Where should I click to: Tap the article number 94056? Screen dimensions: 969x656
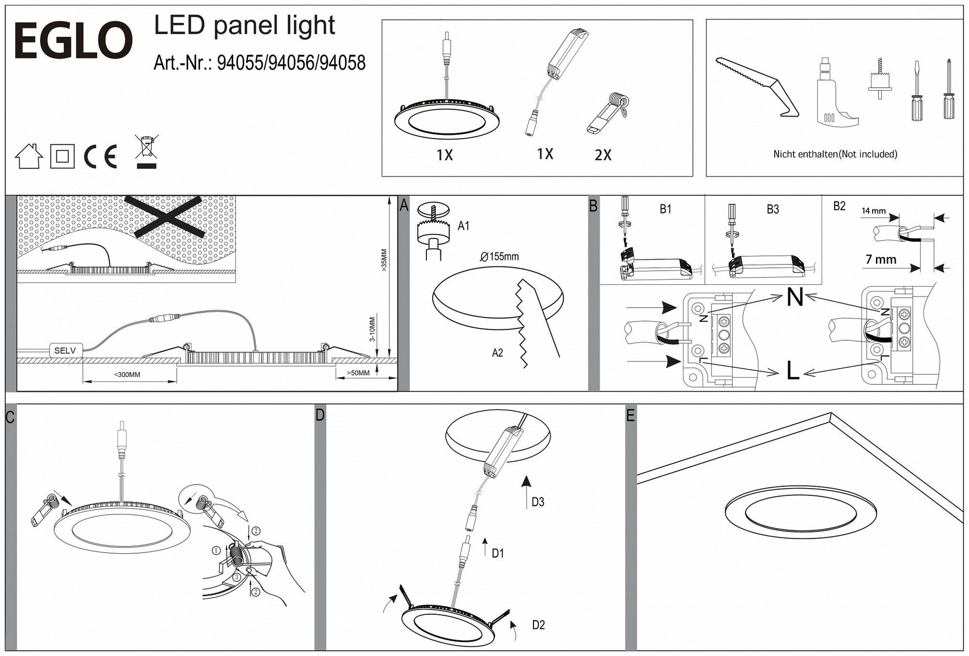tap(292, 63)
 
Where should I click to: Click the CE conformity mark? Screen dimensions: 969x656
tap(100, 156)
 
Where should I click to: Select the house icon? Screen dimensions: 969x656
tap(29, 156)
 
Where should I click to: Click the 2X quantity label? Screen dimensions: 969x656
tap(603, 155)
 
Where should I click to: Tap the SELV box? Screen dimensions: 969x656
tap(65, 350)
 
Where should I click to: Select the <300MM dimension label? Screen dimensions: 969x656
tap(127, 375)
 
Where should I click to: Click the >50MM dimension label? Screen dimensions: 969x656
tap(358, 373)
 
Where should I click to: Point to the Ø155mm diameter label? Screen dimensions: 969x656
tap(500, 257)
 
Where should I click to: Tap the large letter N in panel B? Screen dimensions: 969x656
tap(795, 297)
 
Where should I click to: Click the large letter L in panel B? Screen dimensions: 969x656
tap(793, 371)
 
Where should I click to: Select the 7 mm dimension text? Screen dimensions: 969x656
tap(881, 260)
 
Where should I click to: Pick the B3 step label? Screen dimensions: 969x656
tap(773, 209)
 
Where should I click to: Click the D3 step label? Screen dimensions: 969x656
tap(538, 502)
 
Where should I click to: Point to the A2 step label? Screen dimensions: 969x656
tap(498, 353)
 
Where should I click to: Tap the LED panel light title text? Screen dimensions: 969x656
tap(244, 26)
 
